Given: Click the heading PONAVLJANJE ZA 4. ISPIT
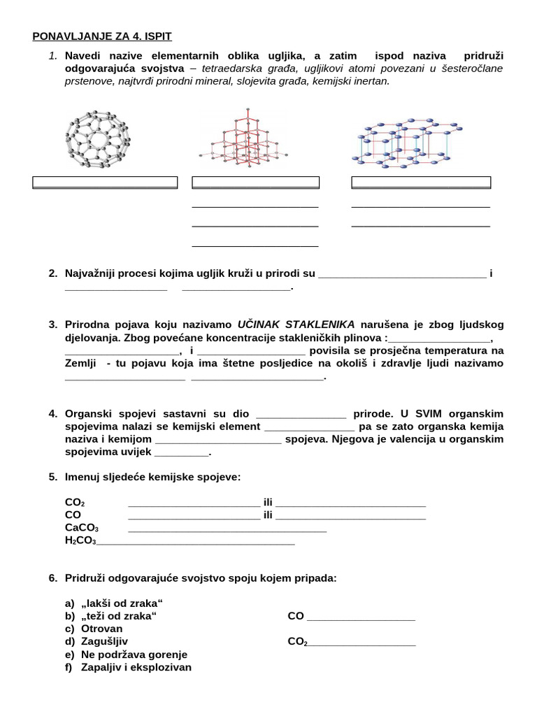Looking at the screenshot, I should [x=102, y=36].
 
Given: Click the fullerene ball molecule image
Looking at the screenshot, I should [x=97, y=139].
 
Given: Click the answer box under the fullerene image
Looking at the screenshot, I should [x=105, y=182].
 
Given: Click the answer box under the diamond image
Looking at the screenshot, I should [x=255, y=182].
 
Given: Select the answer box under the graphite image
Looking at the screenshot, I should [x=421, y=182].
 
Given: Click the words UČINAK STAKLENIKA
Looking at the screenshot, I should [x=296, y=324].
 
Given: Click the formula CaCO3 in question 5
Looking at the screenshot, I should [x=82, y=528].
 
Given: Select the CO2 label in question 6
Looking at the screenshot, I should [x=297, y=642].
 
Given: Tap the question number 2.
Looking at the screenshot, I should [x=53, y=273].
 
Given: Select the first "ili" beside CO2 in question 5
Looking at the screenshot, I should [x=268, y=502].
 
